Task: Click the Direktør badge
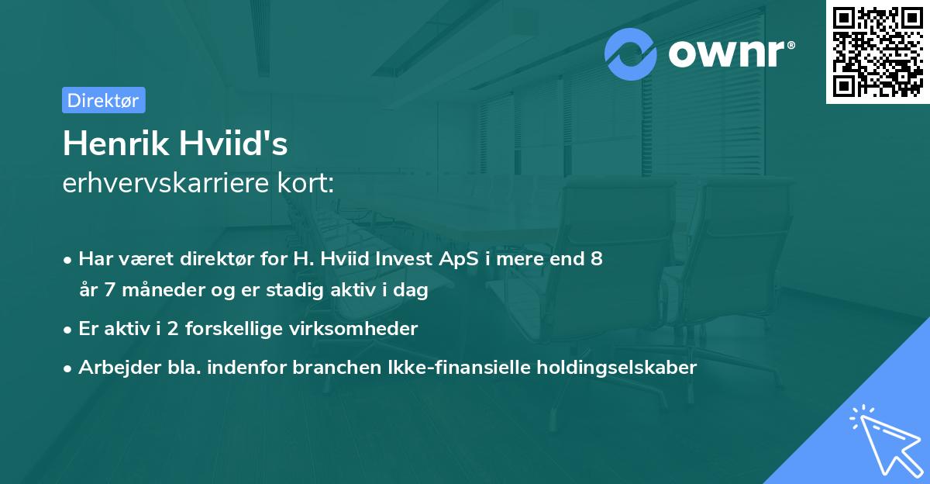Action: point(103,100)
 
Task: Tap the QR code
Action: point(878,52)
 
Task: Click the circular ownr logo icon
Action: point(631,54)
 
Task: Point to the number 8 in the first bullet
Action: point(596,259)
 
